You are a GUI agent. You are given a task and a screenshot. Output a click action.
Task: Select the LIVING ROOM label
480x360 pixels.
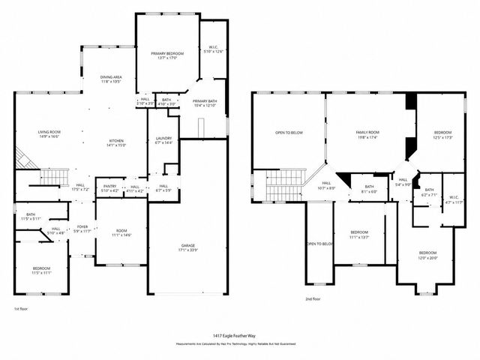[x=49, y=134]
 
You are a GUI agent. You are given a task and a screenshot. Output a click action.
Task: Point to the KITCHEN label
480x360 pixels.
[x=116, y=143]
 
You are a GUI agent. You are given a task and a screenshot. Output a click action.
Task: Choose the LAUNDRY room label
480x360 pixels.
[x=163, y=140]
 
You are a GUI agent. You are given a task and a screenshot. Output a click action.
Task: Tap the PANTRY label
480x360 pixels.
[x=109, y=187]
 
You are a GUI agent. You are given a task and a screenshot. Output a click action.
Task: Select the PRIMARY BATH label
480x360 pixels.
[x=204, y=103]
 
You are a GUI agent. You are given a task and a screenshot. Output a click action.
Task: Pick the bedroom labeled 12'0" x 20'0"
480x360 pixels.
[x=427, y=255]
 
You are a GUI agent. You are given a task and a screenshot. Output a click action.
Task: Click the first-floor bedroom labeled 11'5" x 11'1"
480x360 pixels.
[x=41, y=270]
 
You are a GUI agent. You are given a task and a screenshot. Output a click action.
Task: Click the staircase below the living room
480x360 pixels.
[x=48, y=178]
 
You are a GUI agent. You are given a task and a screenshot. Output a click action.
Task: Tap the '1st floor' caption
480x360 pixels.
[x=21, y=309]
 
